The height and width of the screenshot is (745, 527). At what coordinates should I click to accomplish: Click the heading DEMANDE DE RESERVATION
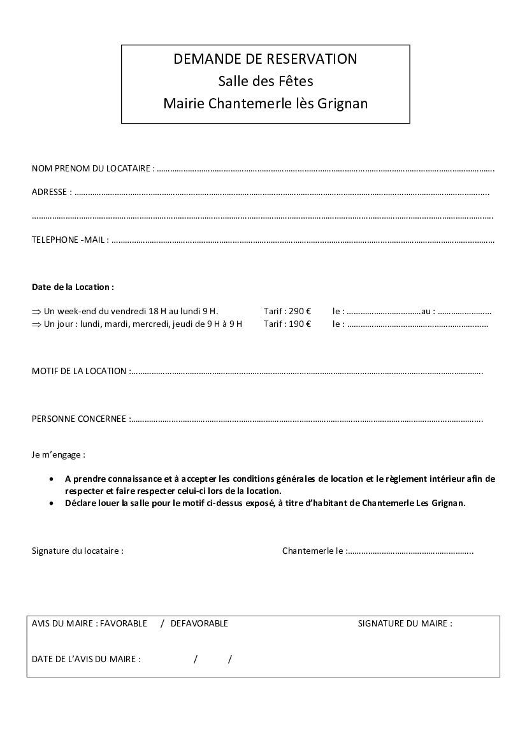pyautogui.click(x=265, y=59)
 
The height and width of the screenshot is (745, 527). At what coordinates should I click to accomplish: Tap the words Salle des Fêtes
pyautogui.click(x=265, y=82)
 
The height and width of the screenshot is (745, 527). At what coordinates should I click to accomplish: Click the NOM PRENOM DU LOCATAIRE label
pyautogui.click(x=92, y=169)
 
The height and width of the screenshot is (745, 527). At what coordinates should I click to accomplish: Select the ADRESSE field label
pyautogui.click(x=51, y=192)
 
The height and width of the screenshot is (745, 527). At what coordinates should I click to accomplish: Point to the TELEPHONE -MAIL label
pyautogui.click(x=70, y=240)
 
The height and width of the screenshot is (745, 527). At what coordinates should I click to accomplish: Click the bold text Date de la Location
pyautogui.click(x=73, y=287)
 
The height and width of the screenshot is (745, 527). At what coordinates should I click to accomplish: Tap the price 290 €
pyautogui.click(x=300, y=312)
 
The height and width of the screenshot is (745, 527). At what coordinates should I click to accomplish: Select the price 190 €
pyautogui.click(x=300, y=324)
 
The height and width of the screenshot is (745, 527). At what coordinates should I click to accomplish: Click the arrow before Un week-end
pyautogui.click(x=36, y=312)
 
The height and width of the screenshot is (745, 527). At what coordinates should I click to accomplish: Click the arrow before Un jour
pyautogui.click(x=36, y=324)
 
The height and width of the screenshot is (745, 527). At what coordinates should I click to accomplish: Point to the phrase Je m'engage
pyautogui.click(x=58, y=455)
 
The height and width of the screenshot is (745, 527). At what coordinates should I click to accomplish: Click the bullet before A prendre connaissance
pyautogui.click(x=52, y=479)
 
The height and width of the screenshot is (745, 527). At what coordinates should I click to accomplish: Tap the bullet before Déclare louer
pyautogui.click(x=52, y=503)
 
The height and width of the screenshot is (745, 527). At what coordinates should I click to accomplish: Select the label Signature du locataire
pyautogui.click(x=77, y=551)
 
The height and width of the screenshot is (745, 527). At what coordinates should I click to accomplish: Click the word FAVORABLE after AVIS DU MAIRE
pyautogui.click(x=124, y=623)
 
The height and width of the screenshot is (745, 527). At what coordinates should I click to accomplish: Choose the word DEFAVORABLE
pyautogui.click(x=199, y=623)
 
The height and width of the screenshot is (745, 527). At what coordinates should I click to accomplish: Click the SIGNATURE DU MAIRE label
pyautogui.click(x=405, y=623)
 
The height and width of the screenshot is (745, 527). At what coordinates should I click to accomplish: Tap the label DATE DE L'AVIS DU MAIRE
pyautogui.click(x=86, y=659)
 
